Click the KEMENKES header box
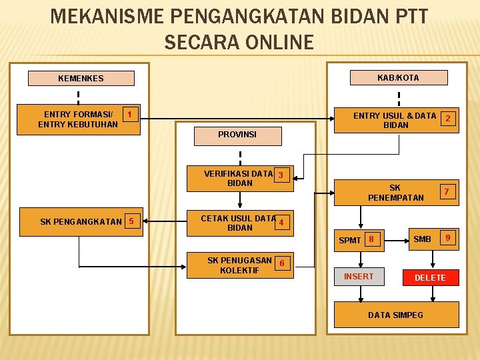(x=81, y=78)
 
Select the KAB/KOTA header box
(x=398, y=77)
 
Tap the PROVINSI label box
(x=237, y=135)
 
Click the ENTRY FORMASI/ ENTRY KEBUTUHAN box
(x=79, y=119)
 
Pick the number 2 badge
(x=449, y=119)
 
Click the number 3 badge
(x=281, y=175)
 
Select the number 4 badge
(x=283, y=222)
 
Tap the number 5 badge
(x=131, y=221)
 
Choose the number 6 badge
(x=283, y=263)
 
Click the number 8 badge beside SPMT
(x=372, y=239)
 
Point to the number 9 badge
(x=448, y=238)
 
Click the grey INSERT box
(x=359, y=276)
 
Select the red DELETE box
(x=430, y=277)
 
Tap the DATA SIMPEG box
(x=395, y=315)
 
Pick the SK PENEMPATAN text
(x=395, y=193)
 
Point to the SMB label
(x=422, y=239)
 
